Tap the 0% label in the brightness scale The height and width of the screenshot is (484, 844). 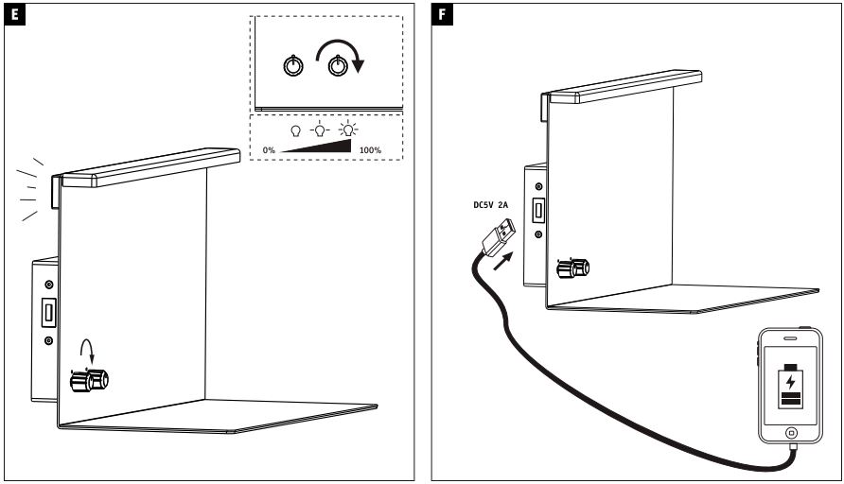[x=271, y=150]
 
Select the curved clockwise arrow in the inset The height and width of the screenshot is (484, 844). [x=346, y=55]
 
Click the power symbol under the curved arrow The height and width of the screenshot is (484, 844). [x=336, y=67]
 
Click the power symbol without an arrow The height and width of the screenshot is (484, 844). [x=293, y=67]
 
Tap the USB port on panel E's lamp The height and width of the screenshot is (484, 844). [x=45, y=311]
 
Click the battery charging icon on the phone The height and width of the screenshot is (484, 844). [x=790, y=388]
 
